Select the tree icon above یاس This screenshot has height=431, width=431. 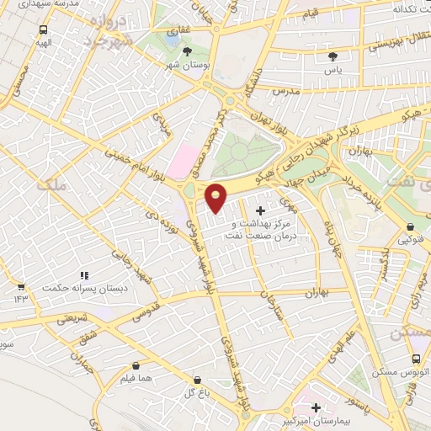click(x=333, y=56)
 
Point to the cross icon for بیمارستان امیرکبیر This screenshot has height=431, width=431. click(x=316, y=407)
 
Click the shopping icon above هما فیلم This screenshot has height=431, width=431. click(x=136, y=366)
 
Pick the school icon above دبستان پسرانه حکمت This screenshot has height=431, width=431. click(x=83, y=275)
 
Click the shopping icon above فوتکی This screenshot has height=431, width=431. click(x=410, y=226)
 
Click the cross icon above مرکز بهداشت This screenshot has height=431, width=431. click(x=258, y=210)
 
